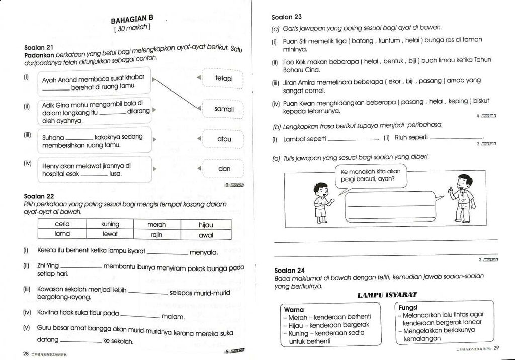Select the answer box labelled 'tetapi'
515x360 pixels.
point(223,79)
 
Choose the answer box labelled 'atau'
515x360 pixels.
point(224,139)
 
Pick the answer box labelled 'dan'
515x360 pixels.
point(224,169)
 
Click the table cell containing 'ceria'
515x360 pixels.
point(62,224)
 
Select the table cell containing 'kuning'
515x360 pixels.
point(110,224)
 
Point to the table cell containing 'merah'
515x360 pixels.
point(156,225)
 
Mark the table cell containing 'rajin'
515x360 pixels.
point(156,235)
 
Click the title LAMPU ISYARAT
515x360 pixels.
point(387,295)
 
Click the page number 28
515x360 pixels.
point(26,353)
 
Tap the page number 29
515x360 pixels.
point(496,347)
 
